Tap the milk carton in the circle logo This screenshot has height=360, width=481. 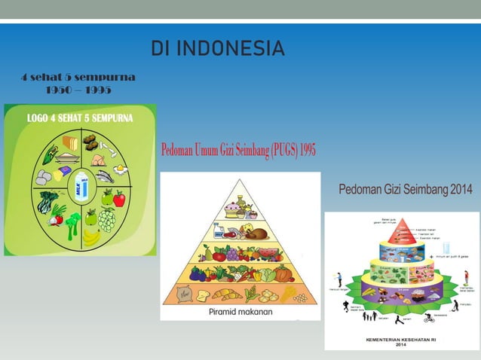(x=81, y=185)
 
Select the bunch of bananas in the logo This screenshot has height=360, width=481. (x=92, y=237)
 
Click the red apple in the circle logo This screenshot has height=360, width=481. (x=118, y=199)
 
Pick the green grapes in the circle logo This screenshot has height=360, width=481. (x=108, y=220)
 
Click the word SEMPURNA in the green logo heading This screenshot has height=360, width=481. (x=107, y=118)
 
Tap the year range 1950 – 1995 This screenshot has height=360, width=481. (x=77, y=90)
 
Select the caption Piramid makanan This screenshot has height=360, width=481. (x=240, y=311)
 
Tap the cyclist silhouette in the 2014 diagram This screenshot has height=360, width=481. (x=429, y=319)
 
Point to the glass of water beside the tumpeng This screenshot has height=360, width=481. (x=446, y=249)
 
